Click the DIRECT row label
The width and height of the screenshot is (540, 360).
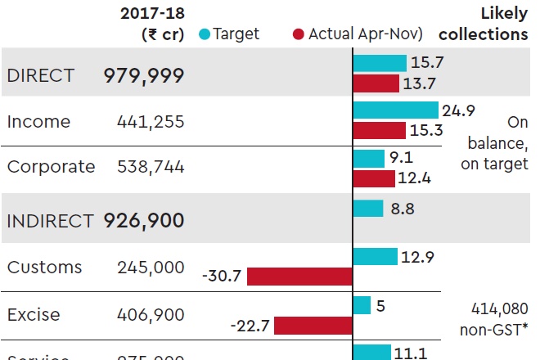click(40, 75)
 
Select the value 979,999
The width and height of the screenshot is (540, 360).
click(143, 75)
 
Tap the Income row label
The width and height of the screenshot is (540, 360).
click(38, 122)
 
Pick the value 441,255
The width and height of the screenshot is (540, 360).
click(151, 122)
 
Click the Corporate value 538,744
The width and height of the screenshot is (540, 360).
click(151, 167)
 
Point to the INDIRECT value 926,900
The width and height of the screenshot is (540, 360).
click(143, 220)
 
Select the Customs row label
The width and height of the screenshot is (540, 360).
click(44, 268)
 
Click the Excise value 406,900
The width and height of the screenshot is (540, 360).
click(151, 314)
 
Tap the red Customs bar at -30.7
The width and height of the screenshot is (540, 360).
click(299, 277)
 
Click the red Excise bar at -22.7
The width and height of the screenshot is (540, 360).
click(313, 326)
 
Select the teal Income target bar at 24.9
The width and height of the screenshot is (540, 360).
click(396, 110)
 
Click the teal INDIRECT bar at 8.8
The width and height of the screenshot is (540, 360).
click(368, 209)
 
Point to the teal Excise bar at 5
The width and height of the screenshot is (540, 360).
click(362, 306)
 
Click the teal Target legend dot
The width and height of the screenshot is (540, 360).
click(205, 34)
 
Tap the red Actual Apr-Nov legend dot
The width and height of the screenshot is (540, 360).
click(299, 34)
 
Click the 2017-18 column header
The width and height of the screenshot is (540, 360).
click(152, 24)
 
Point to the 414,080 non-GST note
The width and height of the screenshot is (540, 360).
click(497, 318)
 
